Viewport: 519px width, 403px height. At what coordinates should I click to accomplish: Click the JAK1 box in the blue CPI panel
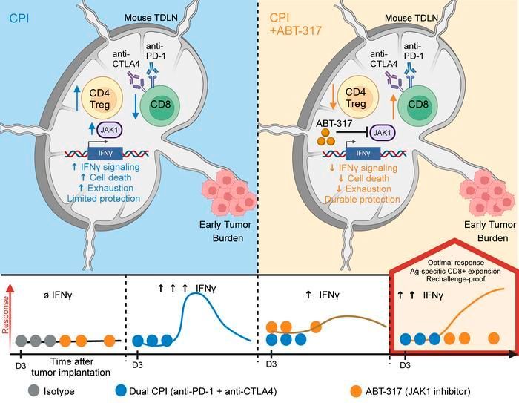(x=110, y=130)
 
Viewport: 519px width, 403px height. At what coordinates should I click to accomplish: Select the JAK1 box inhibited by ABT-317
(x=382, y=134)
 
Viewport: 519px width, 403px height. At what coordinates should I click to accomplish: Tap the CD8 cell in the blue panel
(x=160, y=105)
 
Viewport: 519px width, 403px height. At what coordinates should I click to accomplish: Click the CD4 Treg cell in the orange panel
(x=356, y=98)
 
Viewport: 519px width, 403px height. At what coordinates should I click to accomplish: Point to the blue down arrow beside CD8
(x=136, y=105)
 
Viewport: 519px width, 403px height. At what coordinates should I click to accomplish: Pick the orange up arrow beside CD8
(x=393, y=106)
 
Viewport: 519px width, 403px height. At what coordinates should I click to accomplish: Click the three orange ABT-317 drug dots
(x=325, y=137)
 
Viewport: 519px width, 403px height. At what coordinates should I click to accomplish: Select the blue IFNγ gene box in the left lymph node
(x=105, y=154)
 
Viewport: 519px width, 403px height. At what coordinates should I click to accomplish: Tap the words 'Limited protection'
(x=104, y=198)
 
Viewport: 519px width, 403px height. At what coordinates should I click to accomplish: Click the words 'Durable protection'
(x=363, y=200)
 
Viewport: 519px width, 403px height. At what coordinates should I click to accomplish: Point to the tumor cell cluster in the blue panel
(x=228, y=193)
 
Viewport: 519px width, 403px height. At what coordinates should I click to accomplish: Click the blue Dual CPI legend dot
(x=121, y=391)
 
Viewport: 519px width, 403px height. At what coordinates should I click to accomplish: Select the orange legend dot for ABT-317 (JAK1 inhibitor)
(x=356, y=391)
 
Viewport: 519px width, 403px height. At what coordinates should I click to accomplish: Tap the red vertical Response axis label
(x=5, y=315)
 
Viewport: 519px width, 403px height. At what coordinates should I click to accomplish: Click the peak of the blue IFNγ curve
(x=195, y=294)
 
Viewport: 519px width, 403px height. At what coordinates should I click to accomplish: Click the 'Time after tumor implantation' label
(x=71, y=367)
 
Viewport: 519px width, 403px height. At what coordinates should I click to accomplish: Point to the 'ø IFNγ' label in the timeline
(x=58, y=295)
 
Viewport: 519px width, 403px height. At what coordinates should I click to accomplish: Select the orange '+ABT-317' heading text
(x=296, y=31)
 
